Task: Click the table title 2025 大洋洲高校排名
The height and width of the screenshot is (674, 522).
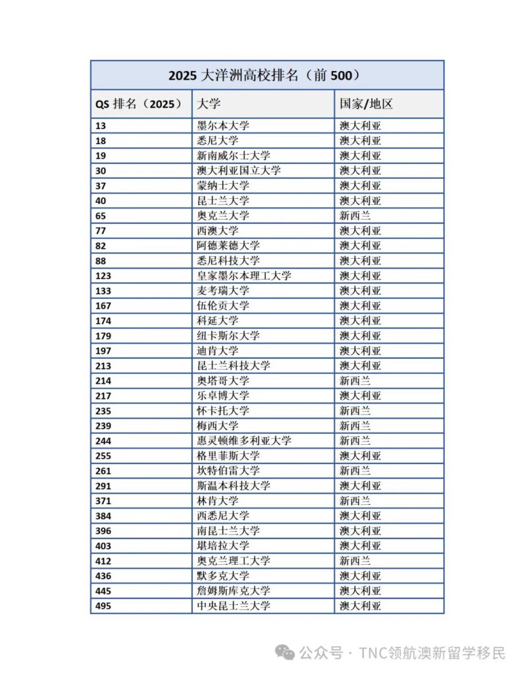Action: (267, 75)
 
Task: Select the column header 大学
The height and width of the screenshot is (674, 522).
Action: (203, 104)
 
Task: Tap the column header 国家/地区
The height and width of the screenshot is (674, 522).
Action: (366, 104)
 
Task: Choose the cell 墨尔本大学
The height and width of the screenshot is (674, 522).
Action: (223, 126)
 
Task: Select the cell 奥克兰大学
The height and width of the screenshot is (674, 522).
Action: (223, 216)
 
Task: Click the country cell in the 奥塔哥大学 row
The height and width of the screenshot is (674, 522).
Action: (355, 380)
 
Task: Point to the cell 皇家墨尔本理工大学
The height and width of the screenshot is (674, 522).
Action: (244, 276)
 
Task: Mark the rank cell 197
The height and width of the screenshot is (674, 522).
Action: (103, 351)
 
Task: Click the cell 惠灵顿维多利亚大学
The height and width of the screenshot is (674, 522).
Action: (244, 441)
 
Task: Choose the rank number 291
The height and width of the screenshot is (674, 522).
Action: (103, 486)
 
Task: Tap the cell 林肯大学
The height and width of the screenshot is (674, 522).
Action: (218, 501)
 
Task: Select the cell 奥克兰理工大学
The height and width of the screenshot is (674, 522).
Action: (234, 561)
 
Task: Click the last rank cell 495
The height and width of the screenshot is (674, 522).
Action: (103, 606)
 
